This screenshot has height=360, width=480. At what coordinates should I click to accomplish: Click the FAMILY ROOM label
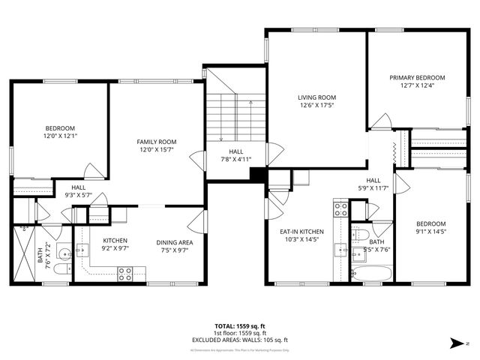156,142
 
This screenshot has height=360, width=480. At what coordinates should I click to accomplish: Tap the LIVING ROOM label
316,97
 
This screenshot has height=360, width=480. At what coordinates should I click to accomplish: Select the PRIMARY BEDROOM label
416,78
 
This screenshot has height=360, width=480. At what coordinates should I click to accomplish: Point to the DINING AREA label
175,242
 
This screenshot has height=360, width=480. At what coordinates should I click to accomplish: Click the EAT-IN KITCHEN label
301,232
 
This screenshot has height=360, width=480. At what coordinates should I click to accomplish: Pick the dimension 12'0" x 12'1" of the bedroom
59,136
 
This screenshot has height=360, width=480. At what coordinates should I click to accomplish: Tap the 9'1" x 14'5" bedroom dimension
430,232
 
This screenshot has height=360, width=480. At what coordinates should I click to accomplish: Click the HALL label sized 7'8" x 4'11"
230,151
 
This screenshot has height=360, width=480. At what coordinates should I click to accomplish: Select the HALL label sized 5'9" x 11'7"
373,180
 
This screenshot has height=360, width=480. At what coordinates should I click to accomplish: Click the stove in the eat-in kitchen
340,208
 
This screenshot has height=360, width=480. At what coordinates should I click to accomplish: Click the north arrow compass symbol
458,343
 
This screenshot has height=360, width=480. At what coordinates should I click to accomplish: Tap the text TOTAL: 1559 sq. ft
239,326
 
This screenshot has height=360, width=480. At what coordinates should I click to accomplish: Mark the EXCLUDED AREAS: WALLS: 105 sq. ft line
239,340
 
